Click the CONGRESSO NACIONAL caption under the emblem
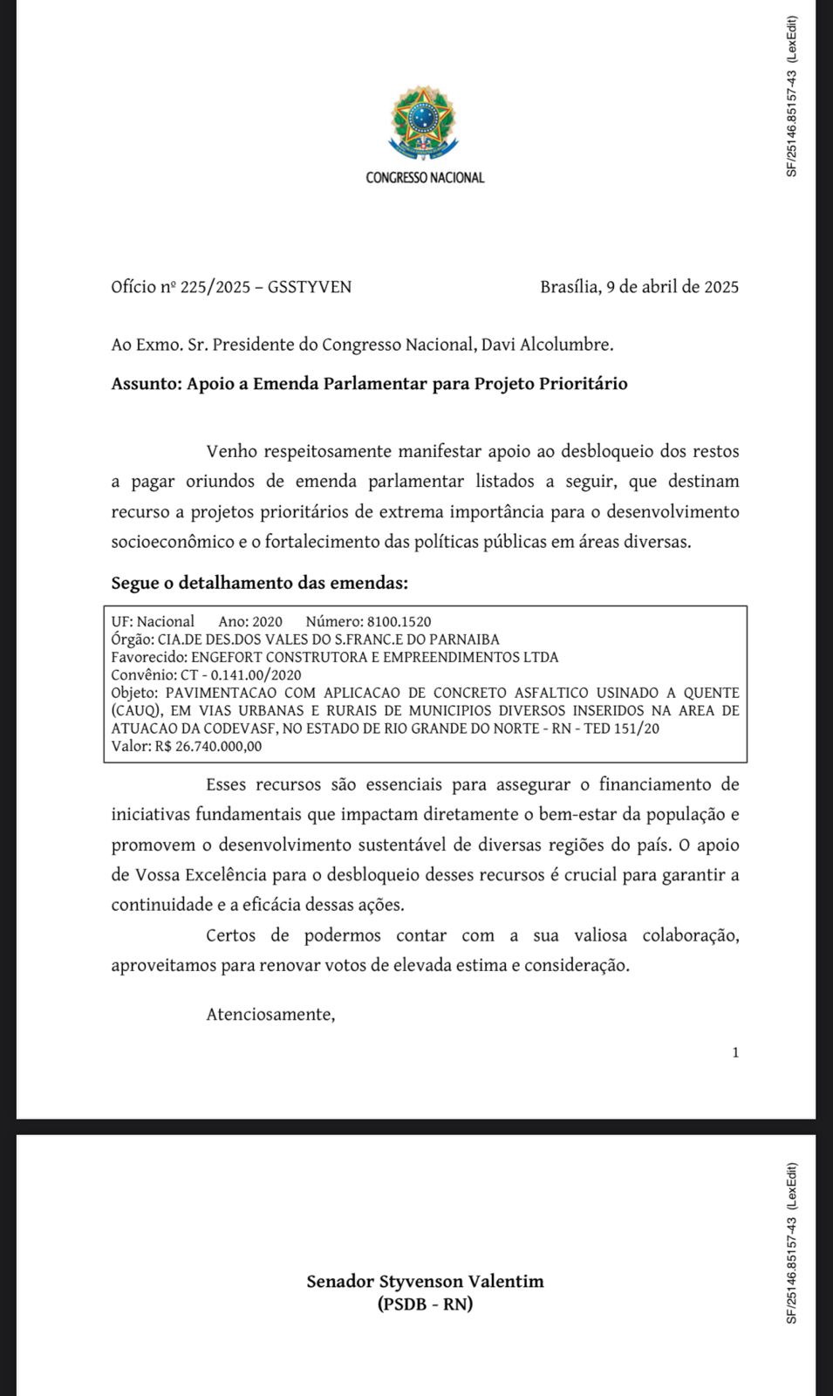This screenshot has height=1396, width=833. coord(425,178)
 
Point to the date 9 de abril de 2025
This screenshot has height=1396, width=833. coord(673,287)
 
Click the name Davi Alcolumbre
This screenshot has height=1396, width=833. coord(547,345)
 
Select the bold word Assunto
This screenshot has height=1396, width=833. coord(145,384)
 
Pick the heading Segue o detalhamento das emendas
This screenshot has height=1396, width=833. coord(259,583)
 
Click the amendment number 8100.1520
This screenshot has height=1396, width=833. coord(399,622)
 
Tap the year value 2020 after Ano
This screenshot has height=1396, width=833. coord(267,622)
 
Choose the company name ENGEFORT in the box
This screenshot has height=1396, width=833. coord(229,657)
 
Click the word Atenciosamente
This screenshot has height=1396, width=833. coord(270,1015)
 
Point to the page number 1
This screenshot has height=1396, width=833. coord(735,1052)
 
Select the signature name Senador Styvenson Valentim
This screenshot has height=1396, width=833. coord(425,1282)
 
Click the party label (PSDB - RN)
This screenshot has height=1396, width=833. coord(425,1304)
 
